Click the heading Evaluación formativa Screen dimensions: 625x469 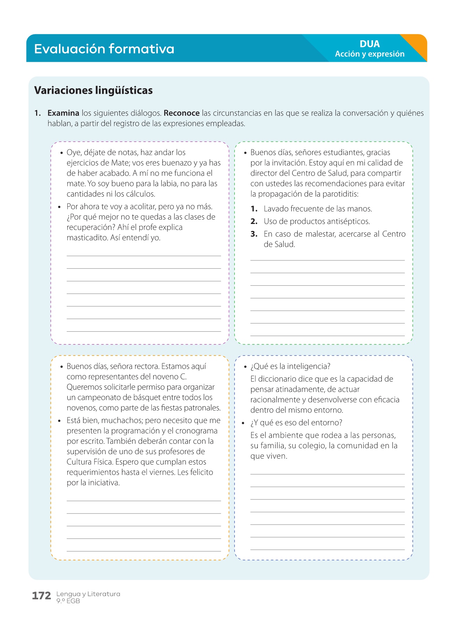point(104,49)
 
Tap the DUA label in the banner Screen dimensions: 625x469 point(370,44)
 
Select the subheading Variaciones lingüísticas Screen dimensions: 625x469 point(93,90)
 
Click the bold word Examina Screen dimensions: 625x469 point(63,113)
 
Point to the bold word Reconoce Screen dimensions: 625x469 point(181,113)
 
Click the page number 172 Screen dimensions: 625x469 point(41,596)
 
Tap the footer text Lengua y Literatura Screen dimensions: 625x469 point(88,594)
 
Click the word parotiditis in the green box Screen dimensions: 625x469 point(338,194)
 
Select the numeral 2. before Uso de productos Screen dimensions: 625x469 point(254,222)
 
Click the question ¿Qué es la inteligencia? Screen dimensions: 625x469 point(290,366)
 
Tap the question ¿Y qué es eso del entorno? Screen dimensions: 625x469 point(296,423)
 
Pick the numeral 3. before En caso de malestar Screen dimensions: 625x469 point(254,234)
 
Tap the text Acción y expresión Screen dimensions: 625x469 point(370,54)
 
